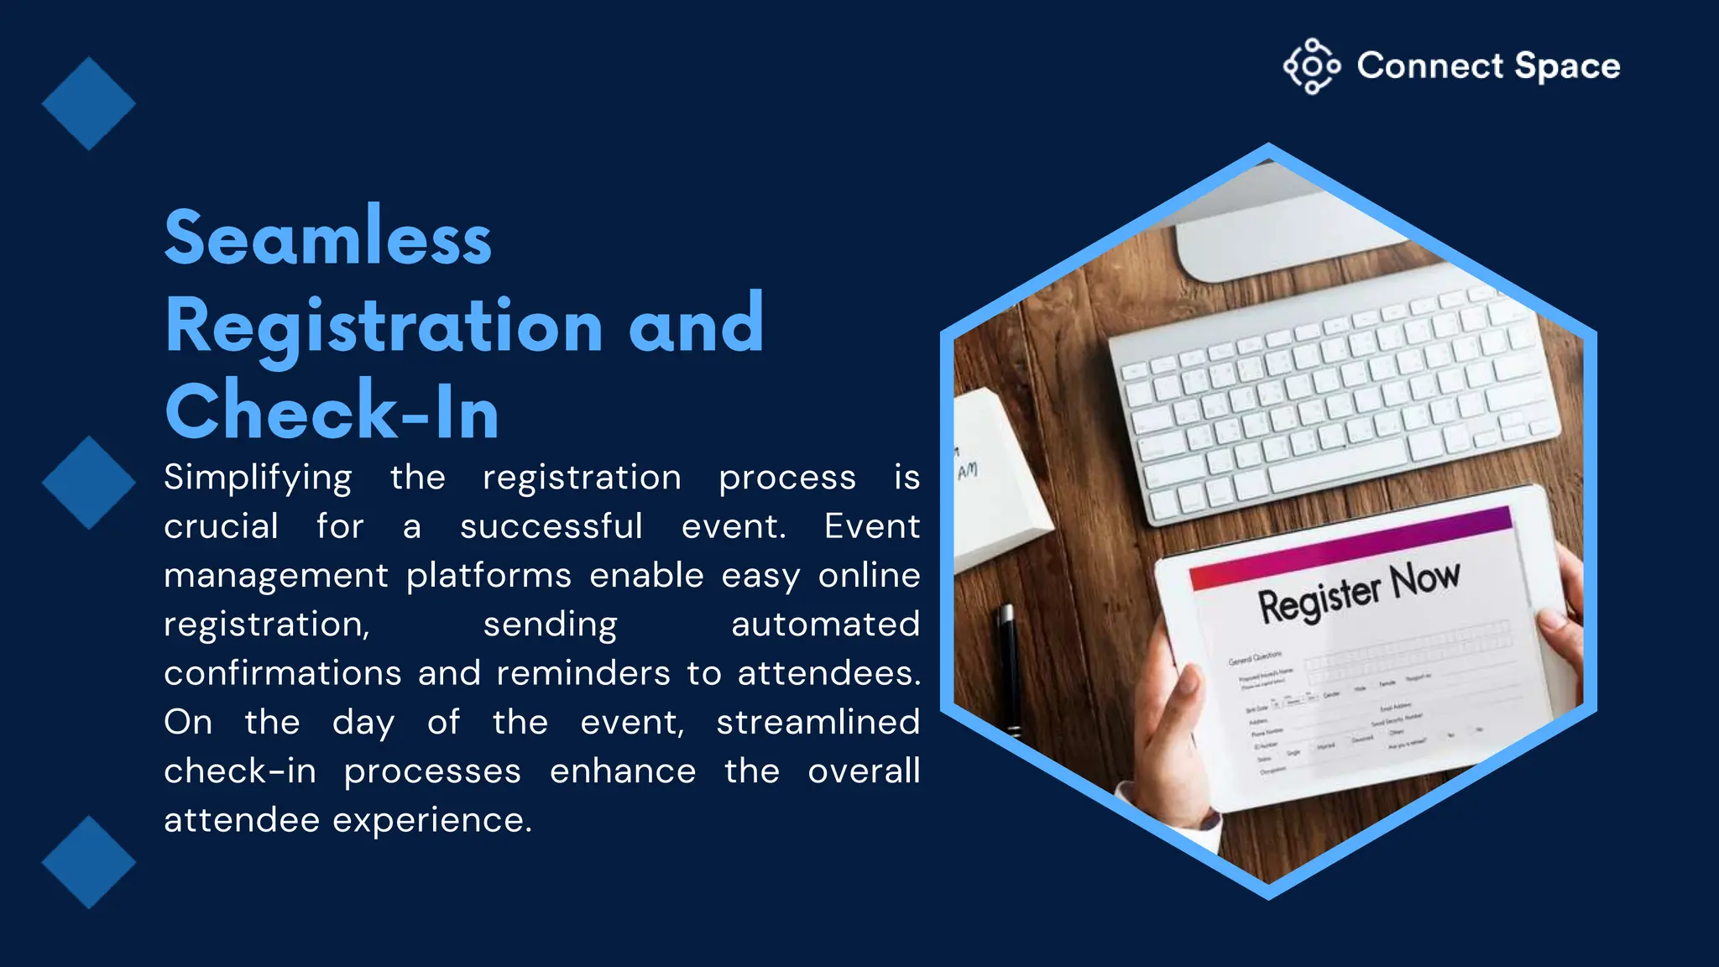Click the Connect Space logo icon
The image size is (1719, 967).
(1311, 66)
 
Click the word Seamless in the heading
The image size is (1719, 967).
(327, 238)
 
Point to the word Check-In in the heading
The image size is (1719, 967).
(332, 411)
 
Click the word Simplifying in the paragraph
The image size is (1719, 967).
(258, 478)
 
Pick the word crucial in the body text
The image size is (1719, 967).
(221, 527)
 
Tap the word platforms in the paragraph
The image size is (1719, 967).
(489, 576)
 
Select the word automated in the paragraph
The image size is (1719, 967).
(825, 625)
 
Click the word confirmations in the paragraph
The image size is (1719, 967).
(283, 673)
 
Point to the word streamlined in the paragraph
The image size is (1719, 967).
(818, 722)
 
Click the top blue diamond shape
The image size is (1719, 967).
(88, 104)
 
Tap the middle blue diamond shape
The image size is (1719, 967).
(88, 483)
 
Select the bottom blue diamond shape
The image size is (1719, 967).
(88, 862)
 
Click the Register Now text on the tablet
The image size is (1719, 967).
(1358, 593)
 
